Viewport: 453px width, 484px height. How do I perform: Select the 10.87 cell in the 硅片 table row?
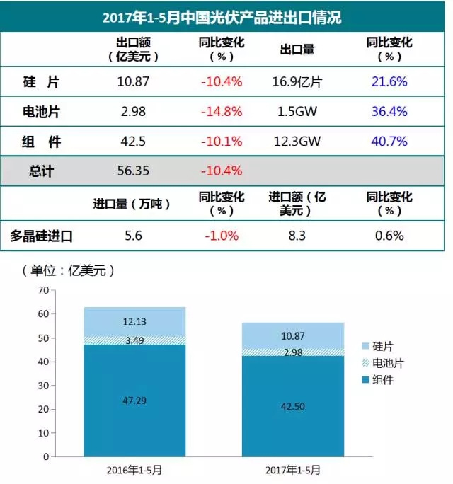click(x=133, y=81)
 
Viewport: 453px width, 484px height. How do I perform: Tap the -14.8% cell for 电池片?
click(x=222, y=112)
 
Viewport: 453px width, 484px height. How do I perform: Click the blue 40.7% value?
click(x=389, y=142)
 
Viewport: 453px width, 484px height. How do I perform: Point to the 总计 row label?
click(x=42, y=171)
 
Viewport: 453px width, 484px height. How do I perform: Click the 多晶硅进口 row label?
click(x=42, y=236)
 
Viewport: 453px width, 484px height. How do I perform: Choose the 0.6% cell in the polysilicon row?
click(x=389, y=236)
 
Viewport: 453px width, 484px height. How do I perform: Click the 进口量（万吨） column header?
click(x=132, y=204)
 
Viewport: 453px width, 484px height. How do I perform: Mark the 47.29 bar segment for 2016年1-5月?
click(x=134, y=400)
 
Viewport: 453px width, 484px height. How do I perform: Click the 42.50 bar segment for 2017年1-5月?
click(x=292, y=405)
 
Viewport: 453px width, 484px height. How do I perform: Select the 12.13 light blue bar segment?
click(x=134, y=322)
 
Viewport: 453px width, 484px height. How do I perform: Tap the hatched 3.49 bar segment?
click(x=134, y=340)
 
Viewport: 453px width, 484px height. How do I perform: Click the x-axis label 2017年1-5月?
click(x=292, y=469)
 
